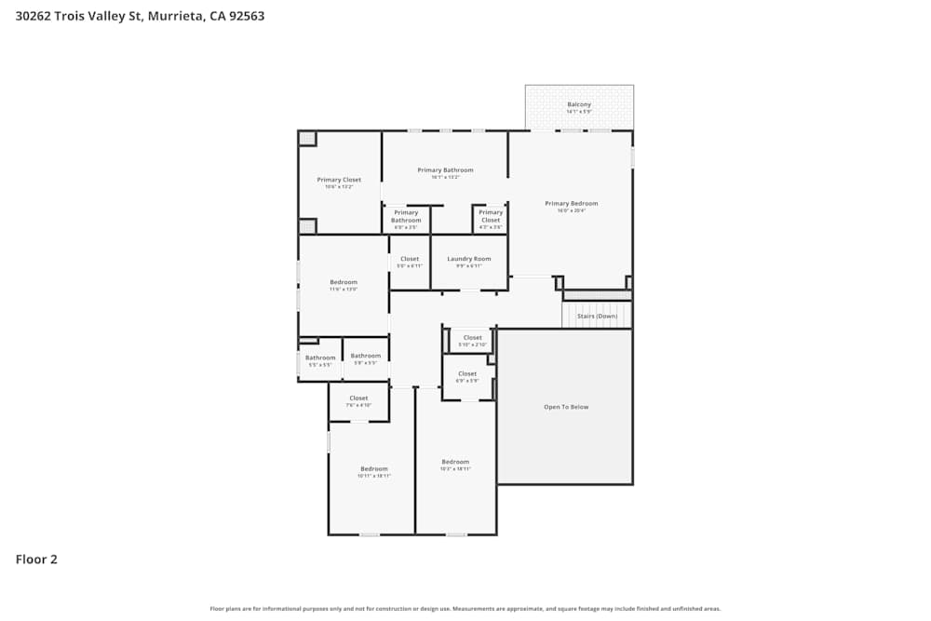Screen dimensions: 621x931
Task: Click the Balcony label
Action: [579, 104]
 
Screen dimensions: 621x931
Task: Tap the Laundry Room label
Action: [468, 259]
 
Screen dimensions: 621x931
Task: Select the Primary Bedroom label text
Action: [571, 203]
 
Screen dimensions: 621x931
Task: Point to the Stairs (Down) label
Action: [597, 317]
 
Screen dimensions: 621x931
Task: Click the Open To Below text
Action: [566, 407]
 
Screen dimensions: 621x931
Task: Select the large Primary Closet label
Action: [339, 180]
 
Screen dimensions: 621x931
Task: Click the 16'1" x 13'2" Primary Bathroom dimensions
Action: [445, 177]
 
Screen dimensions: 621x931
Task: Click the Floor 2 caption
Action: [36, 560]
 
